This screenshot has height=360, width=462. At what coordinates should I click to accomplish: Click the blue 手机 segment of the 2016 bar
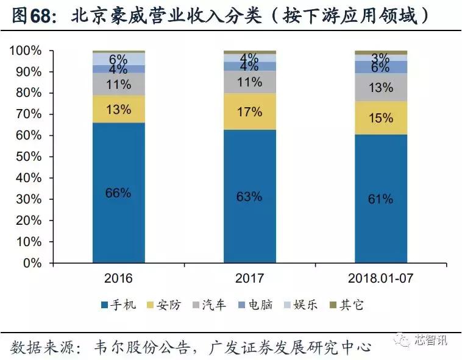pos(118,219)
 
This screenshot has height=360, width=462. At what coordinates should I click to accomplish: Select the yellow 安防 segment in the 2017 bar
pos(249,111)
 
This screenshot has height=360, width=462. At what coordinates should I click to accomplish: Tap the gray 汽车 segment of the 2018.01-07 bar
pos(381,87)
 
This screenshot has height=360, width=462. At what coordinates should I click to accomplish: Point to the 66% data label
pos(118,192)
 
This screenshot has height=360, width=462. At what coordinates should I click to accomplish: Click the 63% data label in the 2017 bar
pos(249,196)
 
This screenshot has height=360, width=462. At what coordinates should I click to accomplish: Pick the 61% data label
pos(381,199)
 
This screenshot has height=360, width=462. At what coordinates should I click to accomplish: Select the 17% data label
pos(249,111)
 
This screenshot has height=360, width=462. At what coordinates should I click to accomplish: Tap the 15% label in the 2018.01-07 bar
pos(381,118)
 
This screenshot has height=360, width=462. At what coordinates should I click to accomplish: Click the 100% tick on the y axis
pos(26,51)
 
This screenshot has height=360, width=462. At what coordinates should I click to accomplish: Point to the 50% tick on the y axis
pos(28,157)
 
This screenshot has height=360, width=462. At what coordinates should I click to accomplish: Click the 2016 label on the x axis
pos(118,278)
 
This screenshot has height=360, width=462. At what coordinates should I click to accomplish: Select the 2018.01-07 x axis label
pos(381,278)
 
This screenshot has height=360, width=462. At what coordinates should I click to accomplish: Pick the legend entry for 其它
pos(346,305)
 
